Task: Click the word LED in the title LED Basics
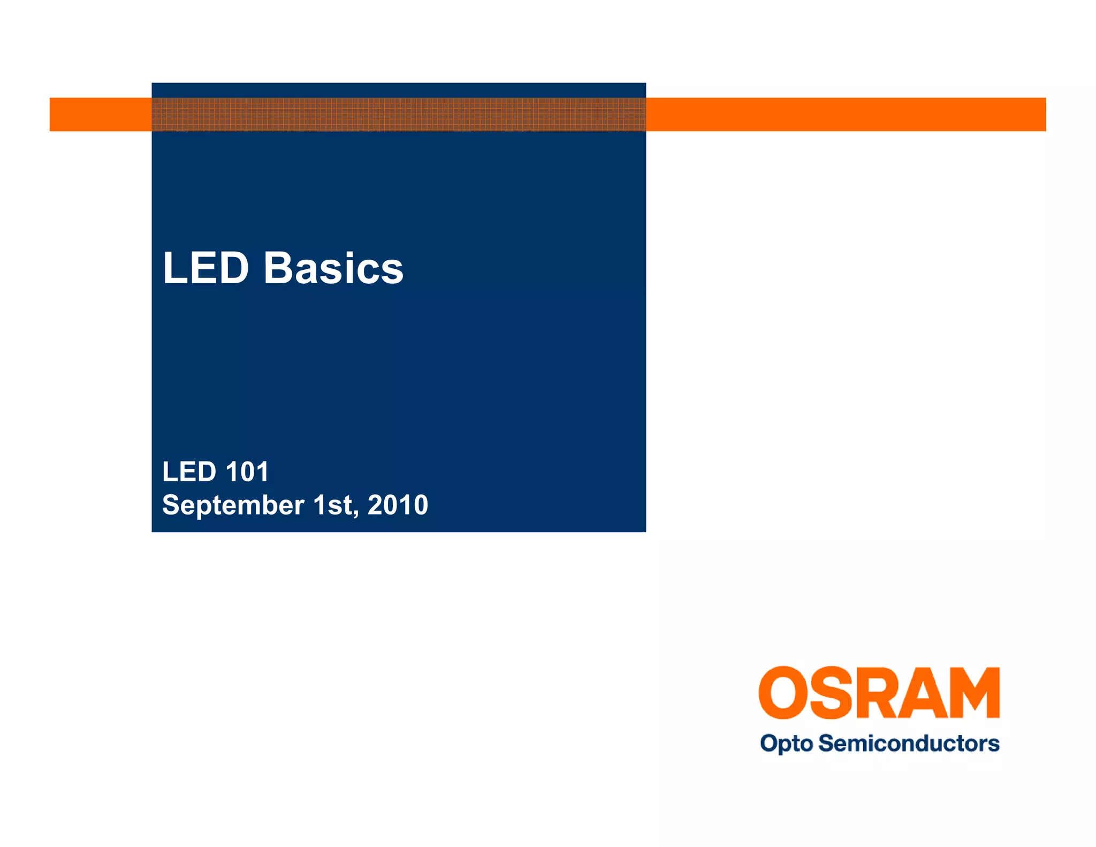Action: point(206,268)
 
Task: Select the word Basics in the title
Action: point(333,268)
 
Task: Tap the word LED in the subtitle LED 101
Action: point(189,472)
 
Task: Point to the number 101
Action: point(247,472)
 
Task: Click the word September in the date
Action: point(233,505)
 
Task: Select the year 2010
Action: point(398,505)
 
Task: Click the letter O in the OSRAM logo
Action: point(783,692)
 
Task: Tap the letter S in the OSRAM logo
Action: point(832,692)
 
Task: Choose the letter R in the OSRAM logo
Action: point(877,692)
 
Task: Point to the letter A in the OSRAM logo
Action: point(925,692)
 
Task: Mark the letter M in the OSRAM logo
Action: point(976,692)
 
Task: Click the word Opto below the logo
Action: point(786,744)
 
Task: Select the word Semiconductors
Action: point(909,743)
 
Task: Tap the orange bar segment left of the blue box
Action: point(101,114)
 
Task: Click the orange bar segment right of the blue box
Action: point(846,114)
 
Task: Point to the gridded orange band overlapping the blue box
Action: point(399,114)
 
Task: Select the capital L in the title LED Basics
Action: point(174,268)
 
